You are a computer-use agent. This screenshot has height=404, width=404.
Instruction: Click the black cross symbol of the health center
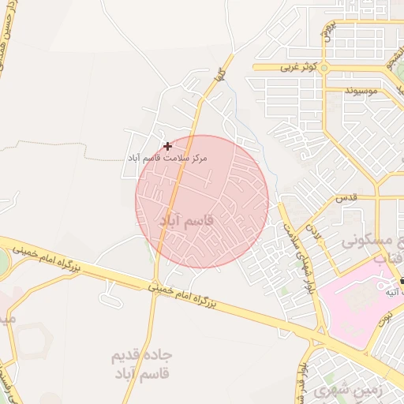pos(167,145)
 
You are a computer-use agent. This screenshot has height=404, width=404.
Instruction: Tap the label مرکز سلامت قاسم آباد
pos(168,158)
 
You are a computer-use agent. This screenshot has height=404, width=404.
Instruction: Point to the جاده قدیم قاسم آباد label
pos(142,365)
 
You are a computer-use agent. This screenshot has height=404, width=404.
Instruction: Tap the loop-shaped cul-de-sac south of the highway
pos(110,296)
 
